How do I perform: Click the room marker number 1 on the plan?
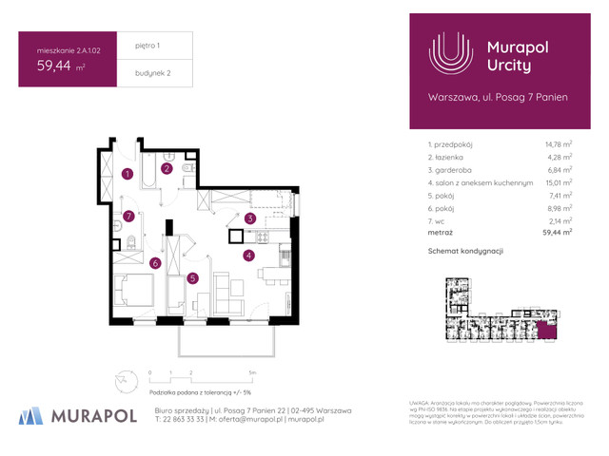pyautogui.click(x=127, y=174)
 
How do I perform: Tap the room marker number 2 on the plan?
pyautogui.click(x=166, y=169)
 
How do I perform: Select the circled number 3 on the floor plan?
pyautogui.click(x=249, y=219)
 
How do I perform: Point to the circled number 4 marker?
pyautogui.click(x=248, y=255)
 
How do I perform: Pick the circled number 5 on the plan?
pyautogui.click(x=192, y=278)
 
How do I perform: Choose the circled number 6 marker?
pyautogui.click(x=154, y=263)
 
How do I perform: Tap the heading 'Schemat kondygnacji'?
pyautogui.click(x=465, y=251)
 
